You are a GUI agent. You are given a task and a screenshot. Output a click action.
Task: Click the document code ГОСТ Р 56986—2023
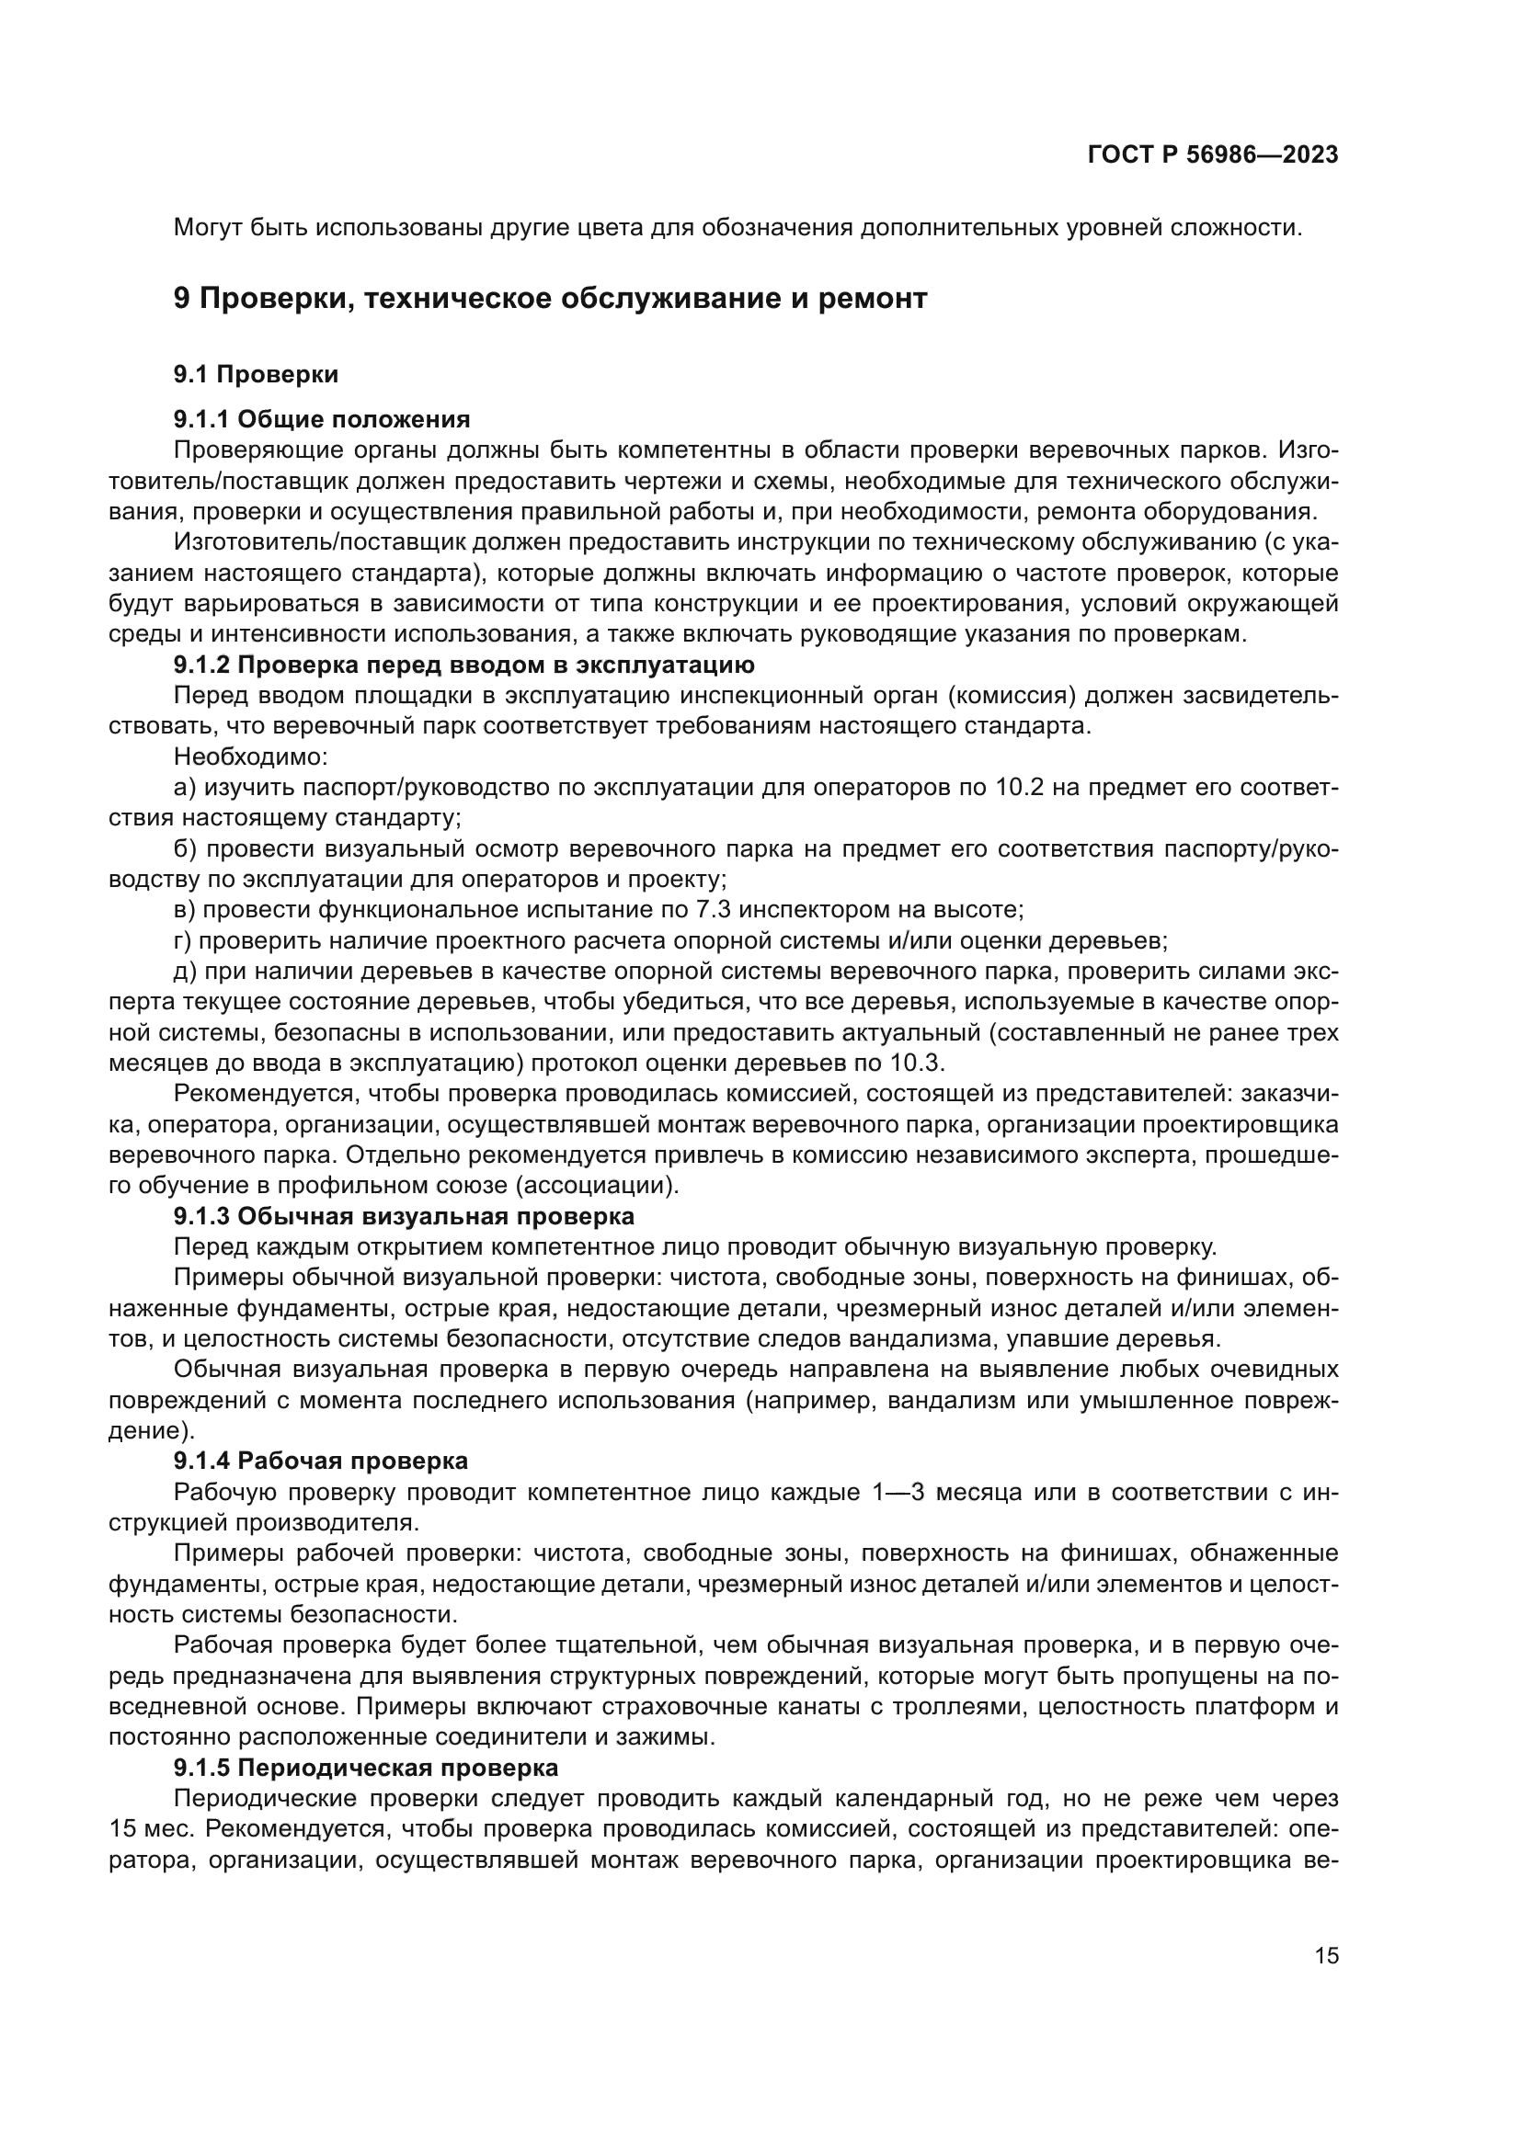point(1213,155)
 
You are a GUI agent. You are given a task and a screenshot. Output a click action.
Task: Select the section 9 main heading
point(550,299)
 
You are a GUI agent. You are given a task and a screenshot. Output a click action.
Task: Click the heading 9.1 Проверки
point(256,374)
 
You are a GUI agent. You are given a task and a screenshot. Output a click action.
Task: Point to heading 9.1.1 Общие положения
point(321,418)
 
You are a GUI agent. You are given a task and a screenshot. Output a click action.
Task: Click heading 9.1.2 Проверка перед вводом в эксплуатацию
point(463,665)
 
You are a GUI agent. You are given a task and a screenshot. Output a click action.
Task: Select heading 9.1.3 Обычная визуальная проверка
point(404,1216)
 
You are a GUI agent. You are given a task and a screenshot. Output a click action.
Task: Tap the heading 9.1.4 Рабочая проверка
point(320,1461)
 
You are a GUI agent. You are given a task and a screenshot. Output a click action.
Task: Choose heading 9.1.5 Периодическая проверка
point(365,1768)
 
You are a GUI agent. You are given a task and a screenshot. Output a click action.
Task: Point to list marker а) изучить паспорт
point(185,788)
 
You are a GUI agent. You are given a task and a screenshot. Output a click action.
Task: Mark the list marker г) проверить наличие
point(183,940)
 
